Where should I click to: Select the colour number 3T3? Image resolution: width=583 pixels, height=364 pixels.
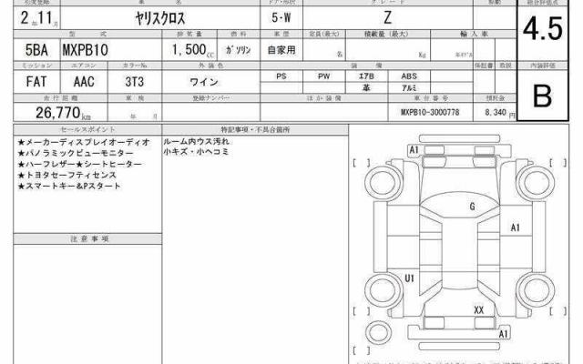(x=135, y=82)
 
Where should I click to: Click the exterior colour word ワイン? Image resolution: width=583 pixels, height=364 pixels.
(x=211, y=82)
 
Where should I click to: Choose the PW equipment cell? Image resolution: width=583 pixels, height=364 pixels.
(x=324, y=76)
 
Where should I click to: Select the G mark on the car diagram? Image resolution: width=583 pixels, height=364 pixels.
(x=472, y=207)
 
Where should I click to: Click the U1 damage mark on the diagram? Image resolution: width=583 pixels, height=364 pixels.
(x=410, y=278)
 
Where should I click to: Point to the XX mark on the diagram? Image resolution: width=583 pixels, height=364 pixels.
(x=478, y=309)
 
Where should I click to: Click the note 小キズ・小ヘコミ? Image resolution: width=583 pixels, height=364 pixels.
(x=193, y=153)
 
